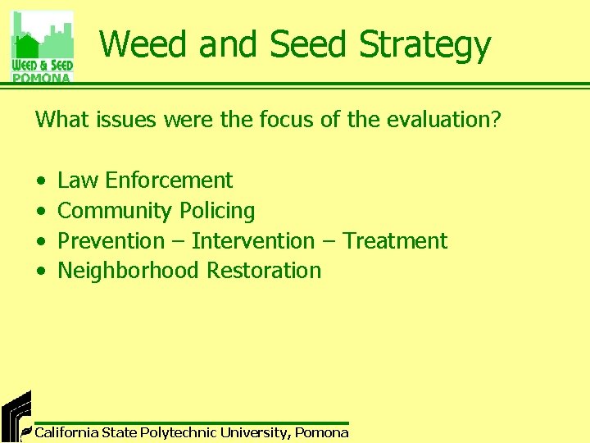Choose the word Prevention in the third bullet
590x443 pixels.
point(111,241)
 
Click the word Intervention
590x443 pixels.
point(252,241)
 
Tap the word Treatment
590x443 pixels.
point(395,241)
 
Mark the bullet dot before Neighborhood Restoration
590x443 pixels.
point(40,272)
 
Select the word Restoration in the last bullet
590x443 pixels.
point(264,271)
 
